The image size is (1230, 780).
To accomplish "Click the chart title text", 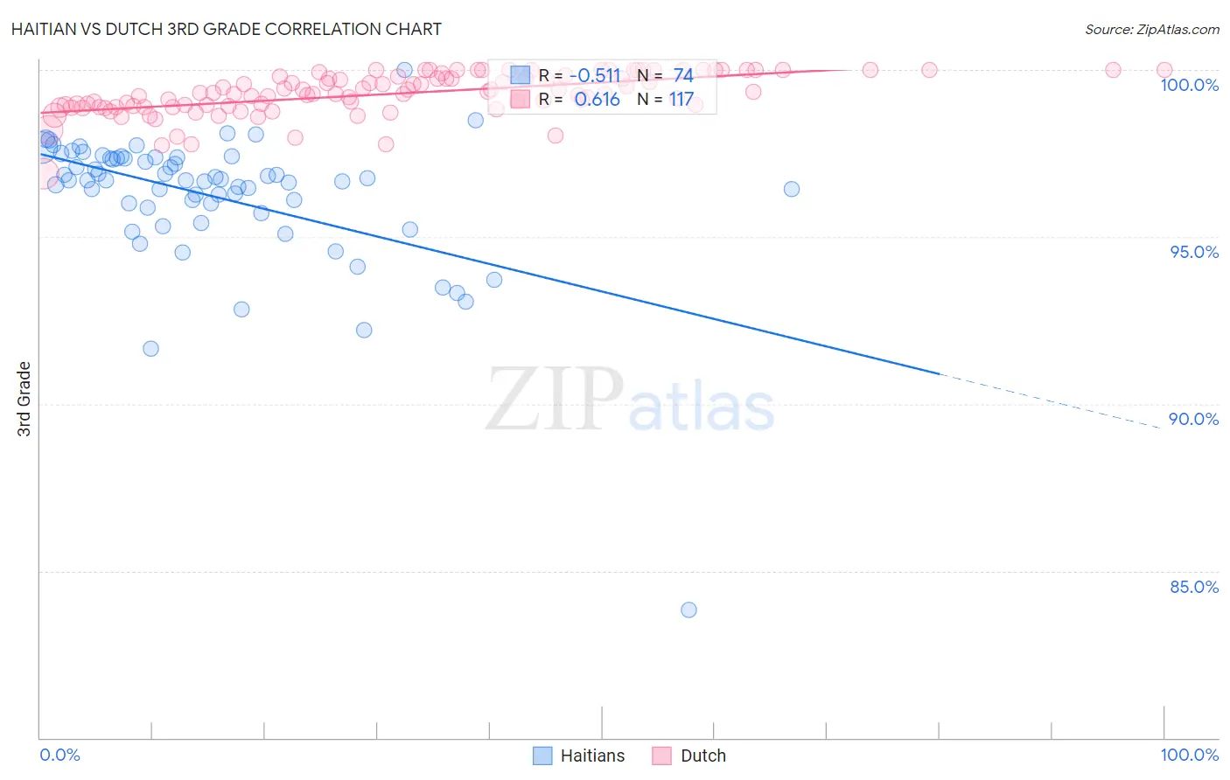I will click(x=227, y=29).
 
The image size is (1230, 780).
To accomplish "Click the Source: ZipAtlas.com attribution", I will click(x=1151, y=29).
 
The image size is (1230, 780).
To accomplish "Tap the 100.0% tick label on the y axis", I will click(x=1189, y=85).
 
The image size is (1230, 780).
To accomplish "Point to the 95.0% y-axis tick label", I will click(x=1194, y=252).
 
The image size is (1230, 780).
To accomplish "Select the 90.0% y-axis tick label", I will click(x=1194, y=419).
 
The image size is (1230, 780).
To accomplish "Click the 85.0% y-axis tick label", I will click(x=1194, y=587).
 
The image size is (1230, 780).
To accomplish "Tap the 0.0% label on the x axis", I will click(x=59, y=755).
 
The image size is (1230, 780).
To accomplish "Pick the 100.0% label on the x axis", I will click(x=1189, y=755).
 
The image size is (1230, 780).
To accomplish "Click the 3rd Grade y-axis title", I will click(x=24, y=399).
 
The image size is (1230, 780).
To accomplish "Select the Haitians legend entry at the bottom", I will click(x=579, y=756).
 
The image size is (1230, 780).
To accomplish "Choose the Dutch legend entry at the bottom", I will click(x=689, y=756).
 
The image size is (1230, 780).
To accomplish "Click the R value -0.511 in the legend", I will click(x=595, y=76).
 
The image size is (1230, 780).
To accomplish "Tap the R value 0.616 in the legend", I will click(x=598, y=100).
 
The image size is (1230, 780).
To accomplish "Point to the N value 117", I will click(x=681, y=100).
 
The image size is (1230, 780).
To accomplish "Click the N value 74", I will click(x=683, y=76).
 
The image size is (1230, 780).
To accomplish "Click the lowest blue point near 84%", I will click(x=688, y=609).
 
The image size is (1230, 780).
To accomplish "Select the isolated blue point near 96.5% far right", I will click(x=792, y=189).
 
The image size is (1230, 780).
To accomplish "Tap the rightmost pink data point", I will click(x=1164, y=70).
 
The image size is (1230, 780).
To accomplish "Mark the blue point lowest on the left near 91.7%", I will click(x=150, y=348).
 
